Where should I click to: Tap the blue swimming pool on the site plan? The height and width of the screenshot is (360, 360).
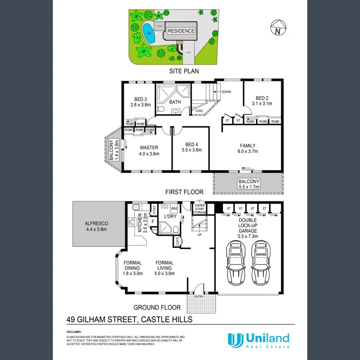[149, 33]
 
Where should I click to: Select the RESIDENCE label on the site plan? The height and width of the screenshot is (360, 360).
[181, 31]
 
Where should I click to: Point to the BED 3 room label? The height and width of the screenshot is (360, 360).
[140, 99]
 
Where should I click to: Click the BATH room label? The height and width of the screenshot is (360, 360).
[175, 102]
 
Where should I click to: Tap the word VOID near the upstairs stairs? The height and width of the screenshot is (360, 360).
[199, 111]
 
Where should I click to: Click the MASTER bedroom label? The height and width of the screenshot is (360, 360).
[149, 147]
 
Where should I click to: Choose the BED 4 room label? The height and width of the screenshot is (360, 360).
[192, 145]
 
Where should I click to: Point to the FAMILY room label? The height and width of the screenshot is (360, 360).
[248, 146]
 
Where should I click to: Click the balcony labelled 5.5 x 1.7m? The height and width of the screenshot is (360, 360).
[249, 184]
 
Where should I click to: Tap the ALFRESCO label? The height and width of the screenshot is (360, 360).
[97, 224]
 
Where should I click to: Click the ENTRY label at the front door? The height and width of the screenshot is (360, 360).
[199, 296]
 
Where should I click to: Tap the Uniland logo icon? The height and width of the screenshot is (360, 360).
[235, 340]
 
